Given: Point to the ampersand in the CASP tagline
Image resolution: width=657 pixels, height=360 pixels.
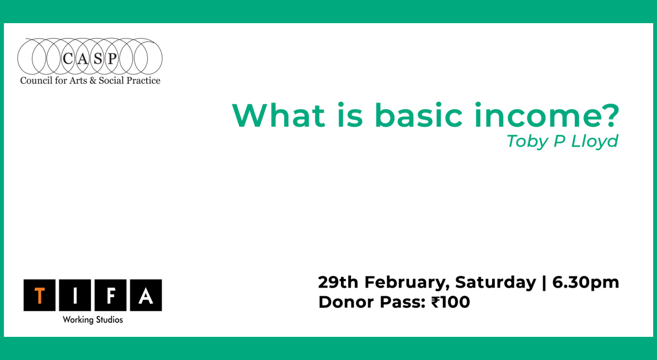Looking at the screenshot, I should point(92,80).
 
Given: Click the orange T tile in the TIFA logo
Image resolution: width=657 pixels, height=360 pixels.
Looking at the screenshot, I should point(39,295).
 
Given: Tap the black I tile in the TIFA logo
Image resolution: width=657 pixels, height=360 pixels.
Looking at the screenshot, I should point(74,295).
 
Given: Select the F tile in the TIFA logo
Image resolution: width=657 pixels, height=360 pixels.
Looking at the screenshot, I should point(110,295).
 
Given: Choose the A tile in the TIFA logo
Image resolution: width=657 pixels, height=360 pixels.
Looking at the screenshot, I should point(146,295).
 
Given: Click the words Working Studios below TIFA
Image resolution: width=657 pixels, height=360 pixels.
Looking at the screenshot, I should point(93,320).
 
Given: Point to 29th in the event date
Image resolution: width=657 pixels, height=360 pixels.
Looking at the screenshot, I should point(338,282).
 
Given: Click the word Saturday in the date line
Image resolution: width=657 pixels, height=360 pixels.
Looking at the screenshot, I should point(495,282).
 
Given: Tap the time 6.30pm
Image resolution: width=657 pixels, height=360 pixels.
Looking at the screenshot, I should point(585,282).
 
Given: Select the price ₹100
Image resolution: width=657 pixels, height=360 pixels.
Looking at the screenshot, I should point(450,302).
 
